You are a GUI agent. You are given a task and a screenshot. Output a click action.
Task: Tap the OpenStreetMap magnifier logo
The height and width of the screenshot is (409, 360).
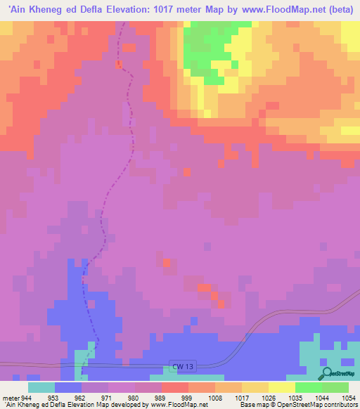[326, 373]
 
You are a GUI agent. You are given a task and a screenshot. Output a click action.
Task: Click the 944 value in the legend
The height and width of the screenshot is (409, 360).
[26, 397]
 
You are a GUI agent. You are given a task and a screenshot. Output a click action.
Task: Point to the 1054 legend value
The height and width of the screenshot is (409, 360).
[348, 397]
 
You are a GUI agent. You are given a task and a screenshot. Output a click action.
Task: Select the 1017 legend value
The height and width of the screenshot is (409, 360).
[241, 397]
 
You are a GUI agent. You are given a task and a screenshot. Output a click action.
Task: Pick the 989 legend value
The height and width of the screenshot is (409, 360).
[161, 397]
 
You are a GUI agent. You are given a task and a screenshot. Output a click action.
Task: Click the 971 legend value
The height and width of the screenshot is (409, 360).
[108, 397]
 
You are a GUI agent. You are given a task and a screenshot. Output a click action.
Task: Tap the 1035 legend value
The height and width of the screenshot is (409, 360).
[295, 397]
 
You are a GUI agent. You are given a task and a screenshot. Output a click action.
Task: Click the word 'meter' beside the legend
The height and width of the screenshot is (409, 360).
[9, 397]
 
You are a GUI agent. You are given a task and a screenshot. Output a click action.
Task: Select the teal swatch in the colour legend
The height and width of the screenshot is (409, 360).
[41, 387]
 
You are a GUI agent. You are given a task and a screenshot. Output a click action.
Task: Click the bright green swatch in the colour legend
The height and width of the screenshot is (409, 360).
[308, 387]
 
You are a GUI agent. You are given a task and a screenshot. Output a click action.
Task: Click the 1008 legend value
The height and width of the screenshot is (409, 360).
[214, 397]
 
